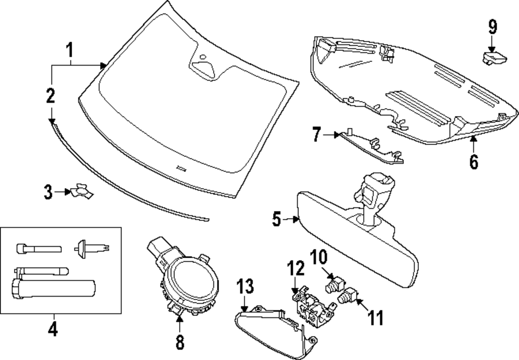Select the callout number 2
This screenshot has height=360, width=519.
point(50,96)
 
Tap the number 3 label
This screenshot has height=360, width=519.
point(48,193)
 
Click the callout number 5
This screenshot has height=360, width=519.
point(277,219)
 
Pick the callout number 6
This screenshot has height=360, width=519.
point(473,161)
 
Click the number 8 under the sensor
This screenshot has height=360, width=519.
point(180,342)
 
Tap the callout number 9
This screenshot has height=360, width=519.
point(492,27)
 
